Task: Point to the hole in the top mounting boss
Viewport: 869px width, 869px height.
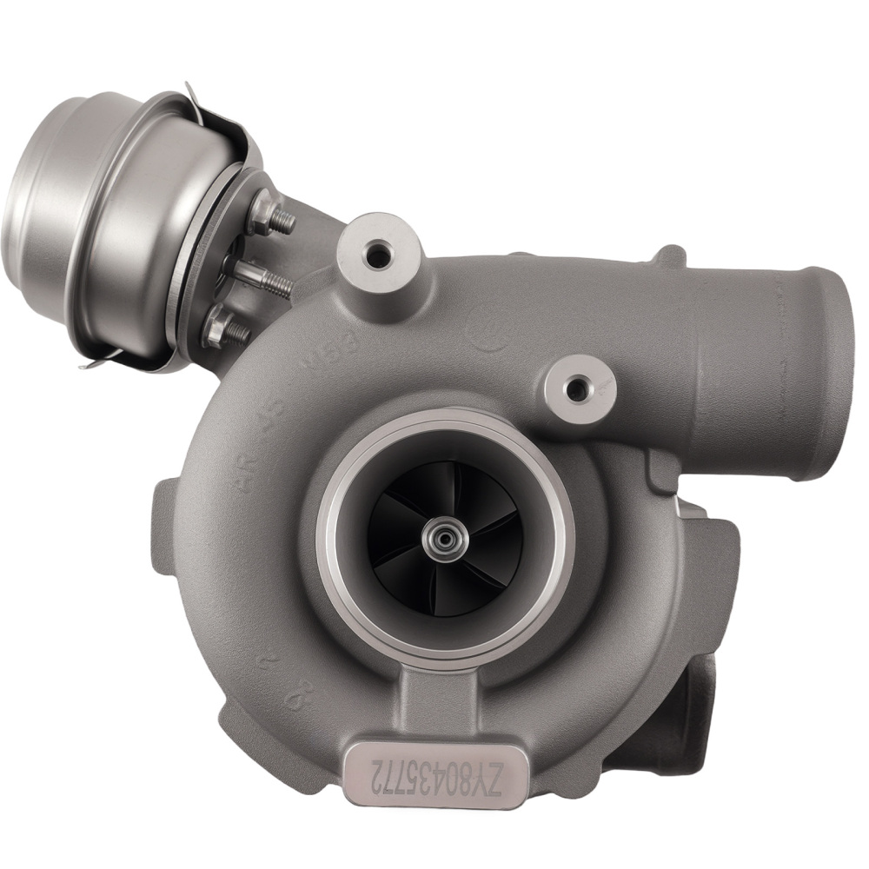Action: click(x=380, y=255)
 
